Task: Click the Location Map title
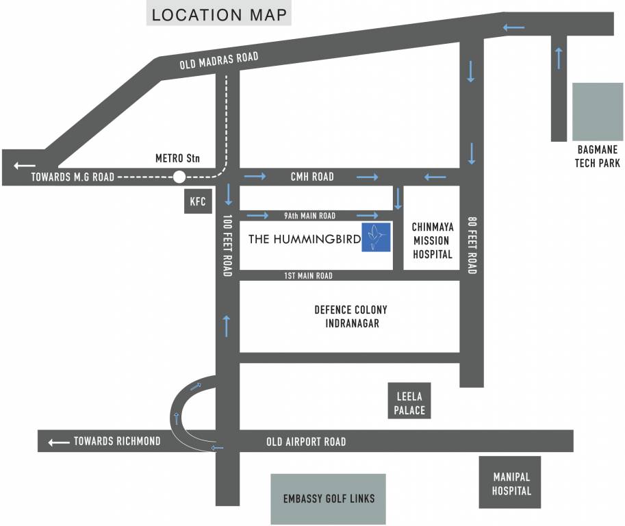pos(218,15)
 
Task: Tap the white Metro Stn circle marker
pos(179,177)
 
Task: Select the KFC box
pos(198,202)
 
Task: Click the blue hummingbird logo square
pos(376,237)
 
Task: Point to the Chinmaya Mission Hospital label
pos(432,240)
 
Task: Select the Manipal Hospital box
pos(511,483)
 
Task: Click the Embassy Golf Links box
pos(329,499)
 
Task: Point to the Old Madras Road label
pos(219,60)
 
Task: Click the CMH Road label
pos(312,177)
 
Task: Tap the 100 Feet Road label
pos(228,246)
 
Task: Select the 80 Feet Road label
pos(471,246)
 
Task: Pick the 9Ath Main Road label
pos(309,216)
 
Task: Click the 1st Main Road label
pos(308,275)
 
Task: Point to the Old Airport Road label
pos(306,442)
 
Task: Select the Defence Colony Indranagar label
pos(350,316)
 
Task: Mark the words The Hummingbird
pos(304,239)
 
